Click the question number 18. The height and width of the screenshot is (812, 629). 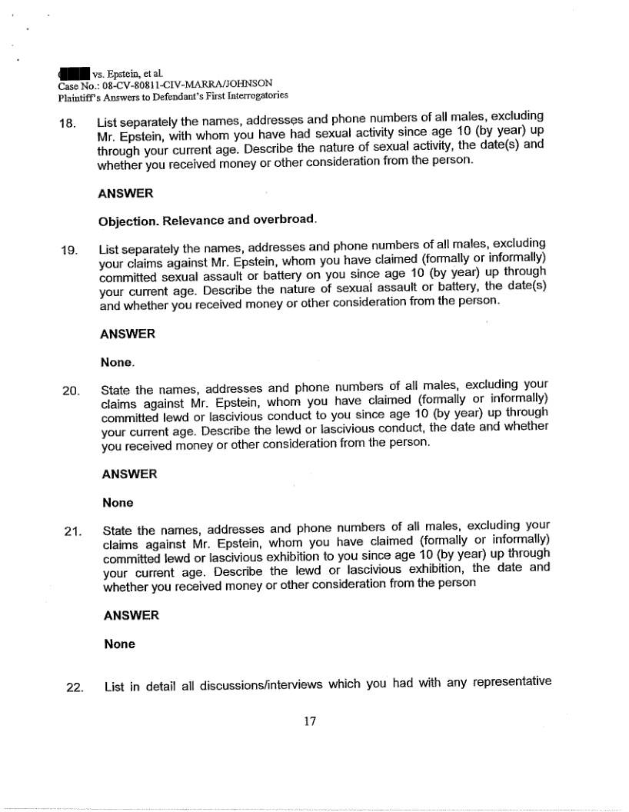pyautogui.click(x=68, y=122)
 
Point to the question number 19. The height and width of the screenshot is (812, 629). pyautogui.click(x=70, y=249)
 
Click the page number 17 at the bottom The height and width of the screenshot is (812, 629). pyautogui.click(x=311, y=721)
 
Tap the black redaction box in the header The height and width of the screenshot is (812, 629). pyautogui.click(x=75, y=74)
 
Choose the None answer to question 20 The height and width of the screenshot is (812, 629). pyautogui.click(x=118, y=503)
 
